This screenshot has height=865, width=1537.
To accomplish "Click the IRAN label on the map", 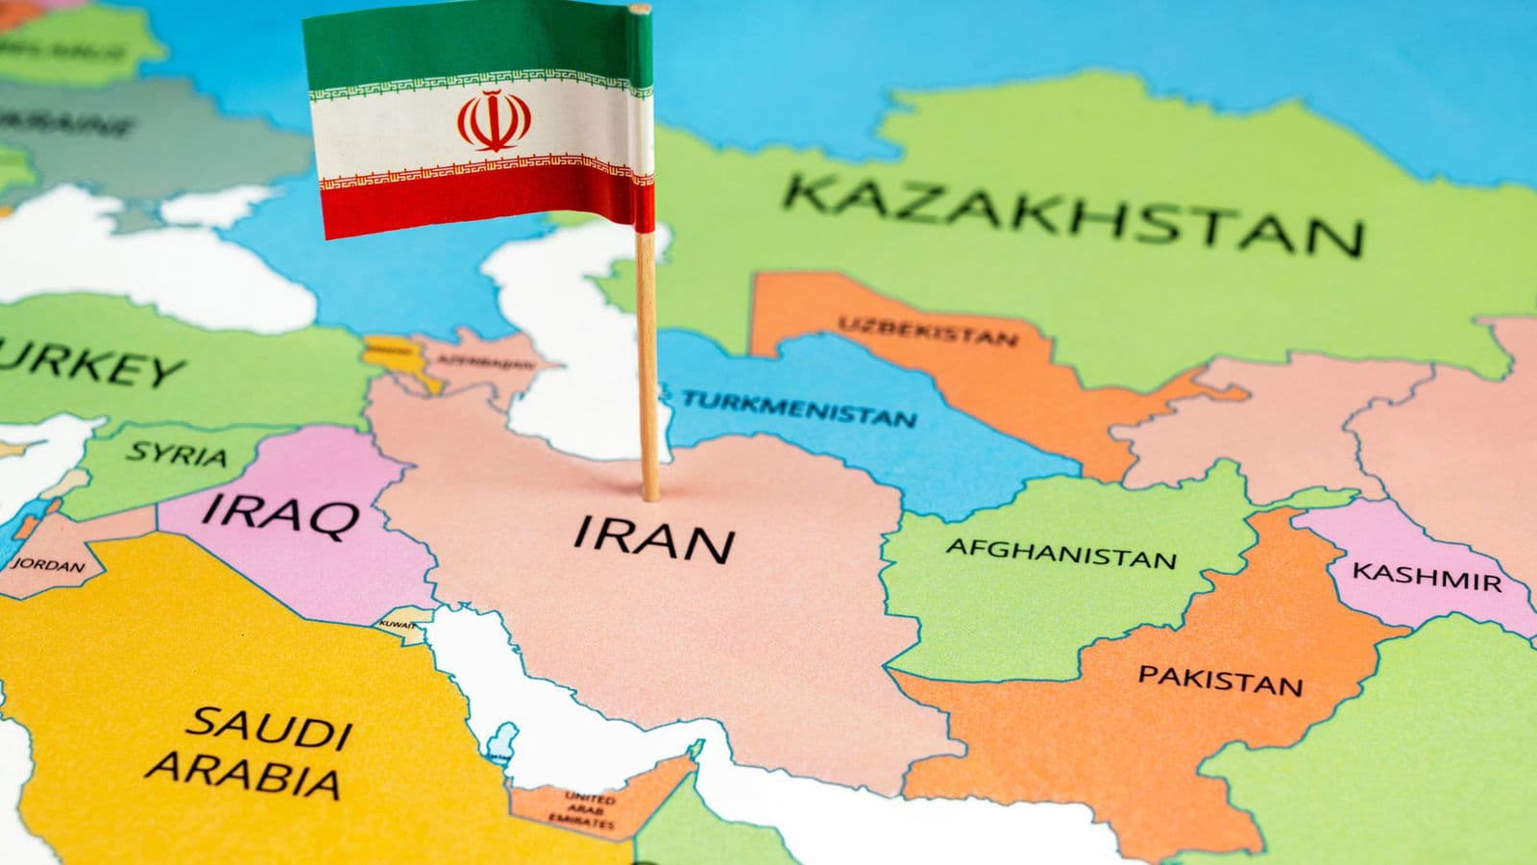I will [x=653, y=540].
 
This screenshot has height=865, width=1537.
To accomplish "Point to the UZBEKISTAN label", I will [x=928, y=330].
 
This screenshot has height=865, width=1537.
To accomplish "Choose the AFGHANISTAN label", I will [x=1061, y=553].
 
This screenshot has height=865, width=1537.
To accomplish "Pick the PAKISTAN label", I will [x=1220, y=680].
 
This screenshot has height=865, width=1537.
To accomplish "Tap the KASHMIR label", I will [x=1426, y=576].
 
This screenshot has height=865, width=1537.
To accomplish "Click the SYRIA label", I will [x=178, y=453].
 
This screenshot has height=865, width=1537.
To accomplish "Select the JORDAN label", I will [x=47, y=564].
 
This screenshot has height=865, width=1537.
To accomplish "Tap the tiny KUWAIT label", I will [x=399, y=626].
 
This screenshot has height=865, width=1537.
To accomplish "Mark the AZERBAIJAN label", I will [x=485, y=362].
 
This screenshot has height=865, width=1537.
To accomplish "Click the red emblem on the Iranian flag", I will [x=494, y=120].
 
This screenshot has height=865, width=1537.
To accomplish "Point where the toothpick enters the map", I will [x=651, y=497].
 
